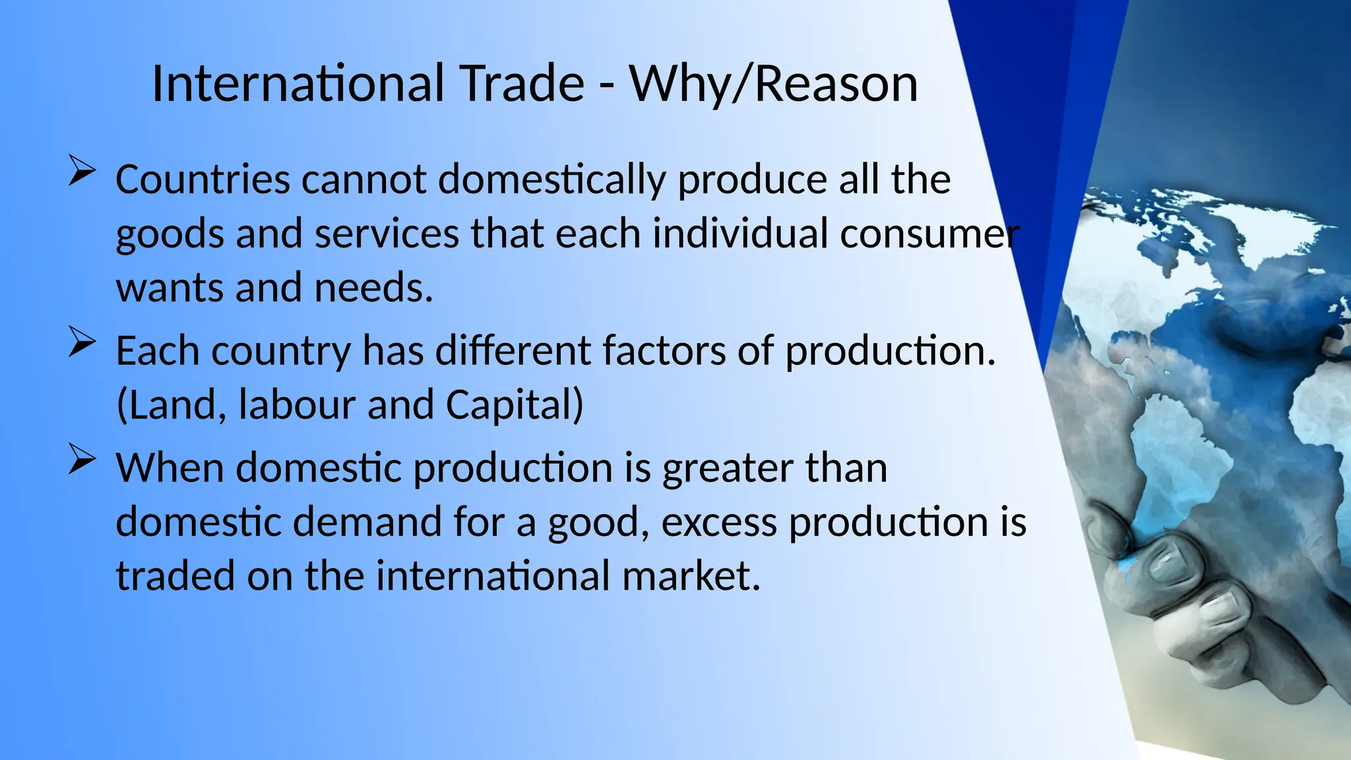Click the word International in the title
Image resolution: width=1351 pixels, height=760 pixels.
298,84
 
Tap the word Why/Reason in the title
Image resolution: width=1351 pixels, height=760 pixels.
773,84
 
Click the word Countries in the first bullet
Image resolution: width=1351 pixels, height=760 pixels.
203,179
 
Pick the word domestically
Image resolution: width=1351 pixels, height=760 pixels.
551,179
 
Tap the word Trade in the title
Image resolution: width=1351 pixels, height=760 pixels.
522,84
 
